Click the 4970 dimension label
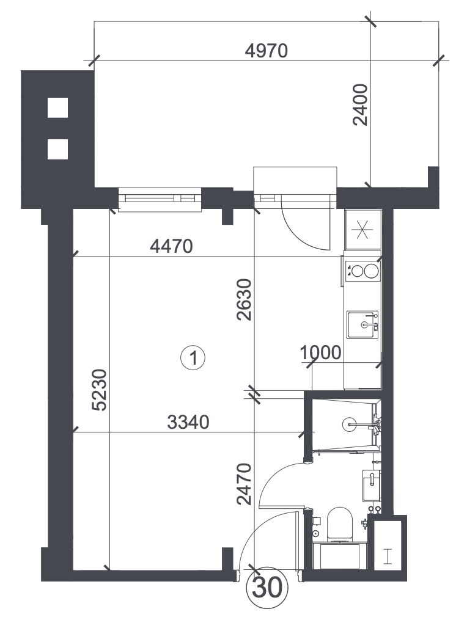tap(266, 51)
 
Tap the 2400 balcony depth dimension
tap(360, 105)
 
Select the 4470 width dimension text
tap(171, 246)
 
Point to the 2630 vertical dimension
tap(244, 299)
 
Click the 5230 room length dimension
tap(99, 390)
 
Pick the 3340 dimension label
tap(188, 422)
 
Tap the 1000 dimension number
tap(320, 352)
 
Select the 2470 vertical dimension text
tap(244, 484)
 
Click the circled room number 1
tap(193, 358)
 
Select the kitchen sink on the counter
tap(362, 324)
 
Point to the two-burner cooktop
tap(362, 271)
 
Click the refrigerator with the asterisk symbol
tap(362, 230)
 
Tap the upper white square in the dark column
tap(58, 107)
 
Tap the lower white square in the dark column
tap(58, 149)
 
